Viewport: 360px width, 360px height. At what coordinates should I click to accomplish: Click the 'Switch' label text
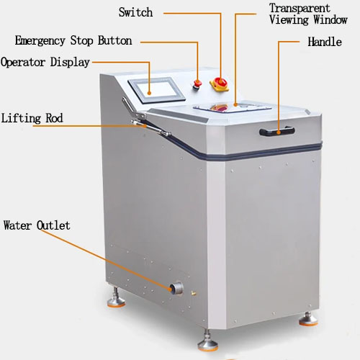coord(135,12)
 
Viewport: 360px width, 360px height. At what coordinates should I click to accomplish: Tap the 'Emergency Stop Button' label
coord(73,40)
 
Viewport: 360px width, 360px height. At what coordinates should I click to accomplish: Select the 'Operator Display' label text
coord(45,63)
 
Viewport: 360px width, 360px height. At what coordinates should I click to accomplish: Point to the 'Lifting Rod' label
coord(32,118)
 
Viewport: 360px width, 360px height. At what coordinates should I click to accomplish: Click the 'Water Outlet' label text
coord(37,225)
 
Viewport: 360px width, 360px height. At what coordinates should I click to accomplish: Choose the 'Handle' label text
coord(325,42)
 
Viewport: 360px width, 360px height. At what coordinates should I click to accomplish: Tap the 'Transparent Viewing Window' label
coord(308,14)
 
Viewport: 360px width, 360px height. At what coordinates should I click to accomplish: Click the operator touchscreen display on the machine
coord(156,90)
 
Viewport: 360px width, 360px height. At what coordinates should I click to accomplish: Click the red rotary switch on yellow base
coord(220,84)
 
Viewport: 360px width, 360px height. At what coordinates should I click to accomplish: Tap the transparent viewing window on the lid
coord(232,107)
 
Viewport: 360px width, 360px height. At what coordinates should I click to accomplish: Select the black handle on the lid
coord(277,132)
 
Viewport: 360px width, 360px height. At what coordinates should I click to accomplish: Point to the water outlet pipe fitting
coord(177,288)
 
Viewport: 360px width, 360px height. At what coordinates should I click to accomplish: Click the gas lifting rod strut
coord(150,127)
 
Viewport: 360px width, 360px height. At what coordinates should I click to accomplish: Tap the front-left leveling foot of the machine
coord(116,298)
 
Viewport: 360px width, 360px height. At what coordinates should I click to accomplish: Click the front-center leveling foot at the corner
coord(208,341)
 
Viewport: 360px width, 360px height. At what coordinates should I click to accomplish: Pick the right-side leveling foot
coord(308,319)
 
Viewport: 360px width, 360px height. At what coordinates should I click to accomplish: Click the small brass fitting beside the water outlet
coord(194,293)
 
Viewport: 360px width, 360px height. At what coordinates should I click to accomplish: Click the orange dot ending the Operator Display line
coord(149,93)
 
